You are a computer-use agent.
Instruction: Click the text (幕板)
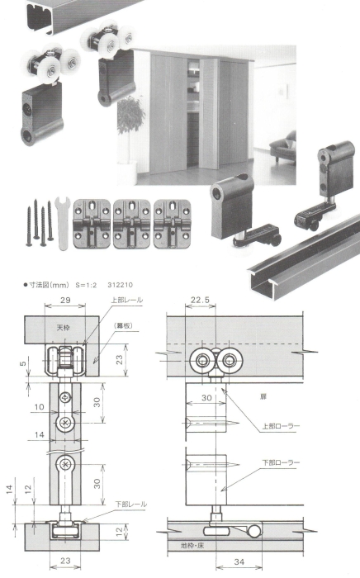(125, 327)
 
